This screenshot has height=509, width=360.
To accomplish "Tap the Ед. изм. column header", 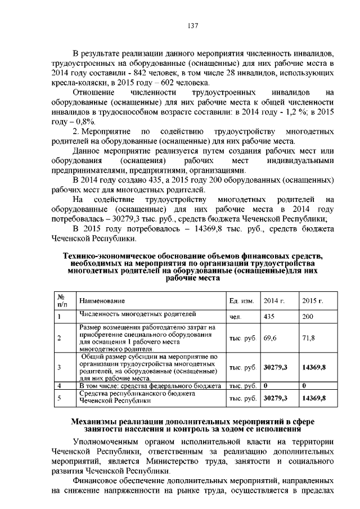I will click(242, 302).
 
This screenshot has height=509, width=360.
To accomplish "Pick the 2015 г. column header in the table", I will click(312, 302).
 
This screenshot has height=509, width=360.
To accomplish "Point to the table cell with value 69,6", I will click(271, 337).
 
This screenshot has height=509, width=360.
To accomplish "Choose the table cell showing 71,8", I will click(309, 337).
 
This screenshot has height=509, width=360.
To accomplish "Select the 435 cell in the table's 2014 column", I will click(269, 317).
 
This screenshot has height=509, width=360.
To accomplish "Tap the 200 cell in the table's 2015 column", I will click(308, 317).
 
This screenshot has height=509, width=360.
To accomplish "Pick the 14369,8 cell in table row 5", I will click(314, 398).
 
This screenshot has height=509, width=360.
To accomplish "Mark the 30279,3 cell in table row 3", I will click(276, 367).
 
